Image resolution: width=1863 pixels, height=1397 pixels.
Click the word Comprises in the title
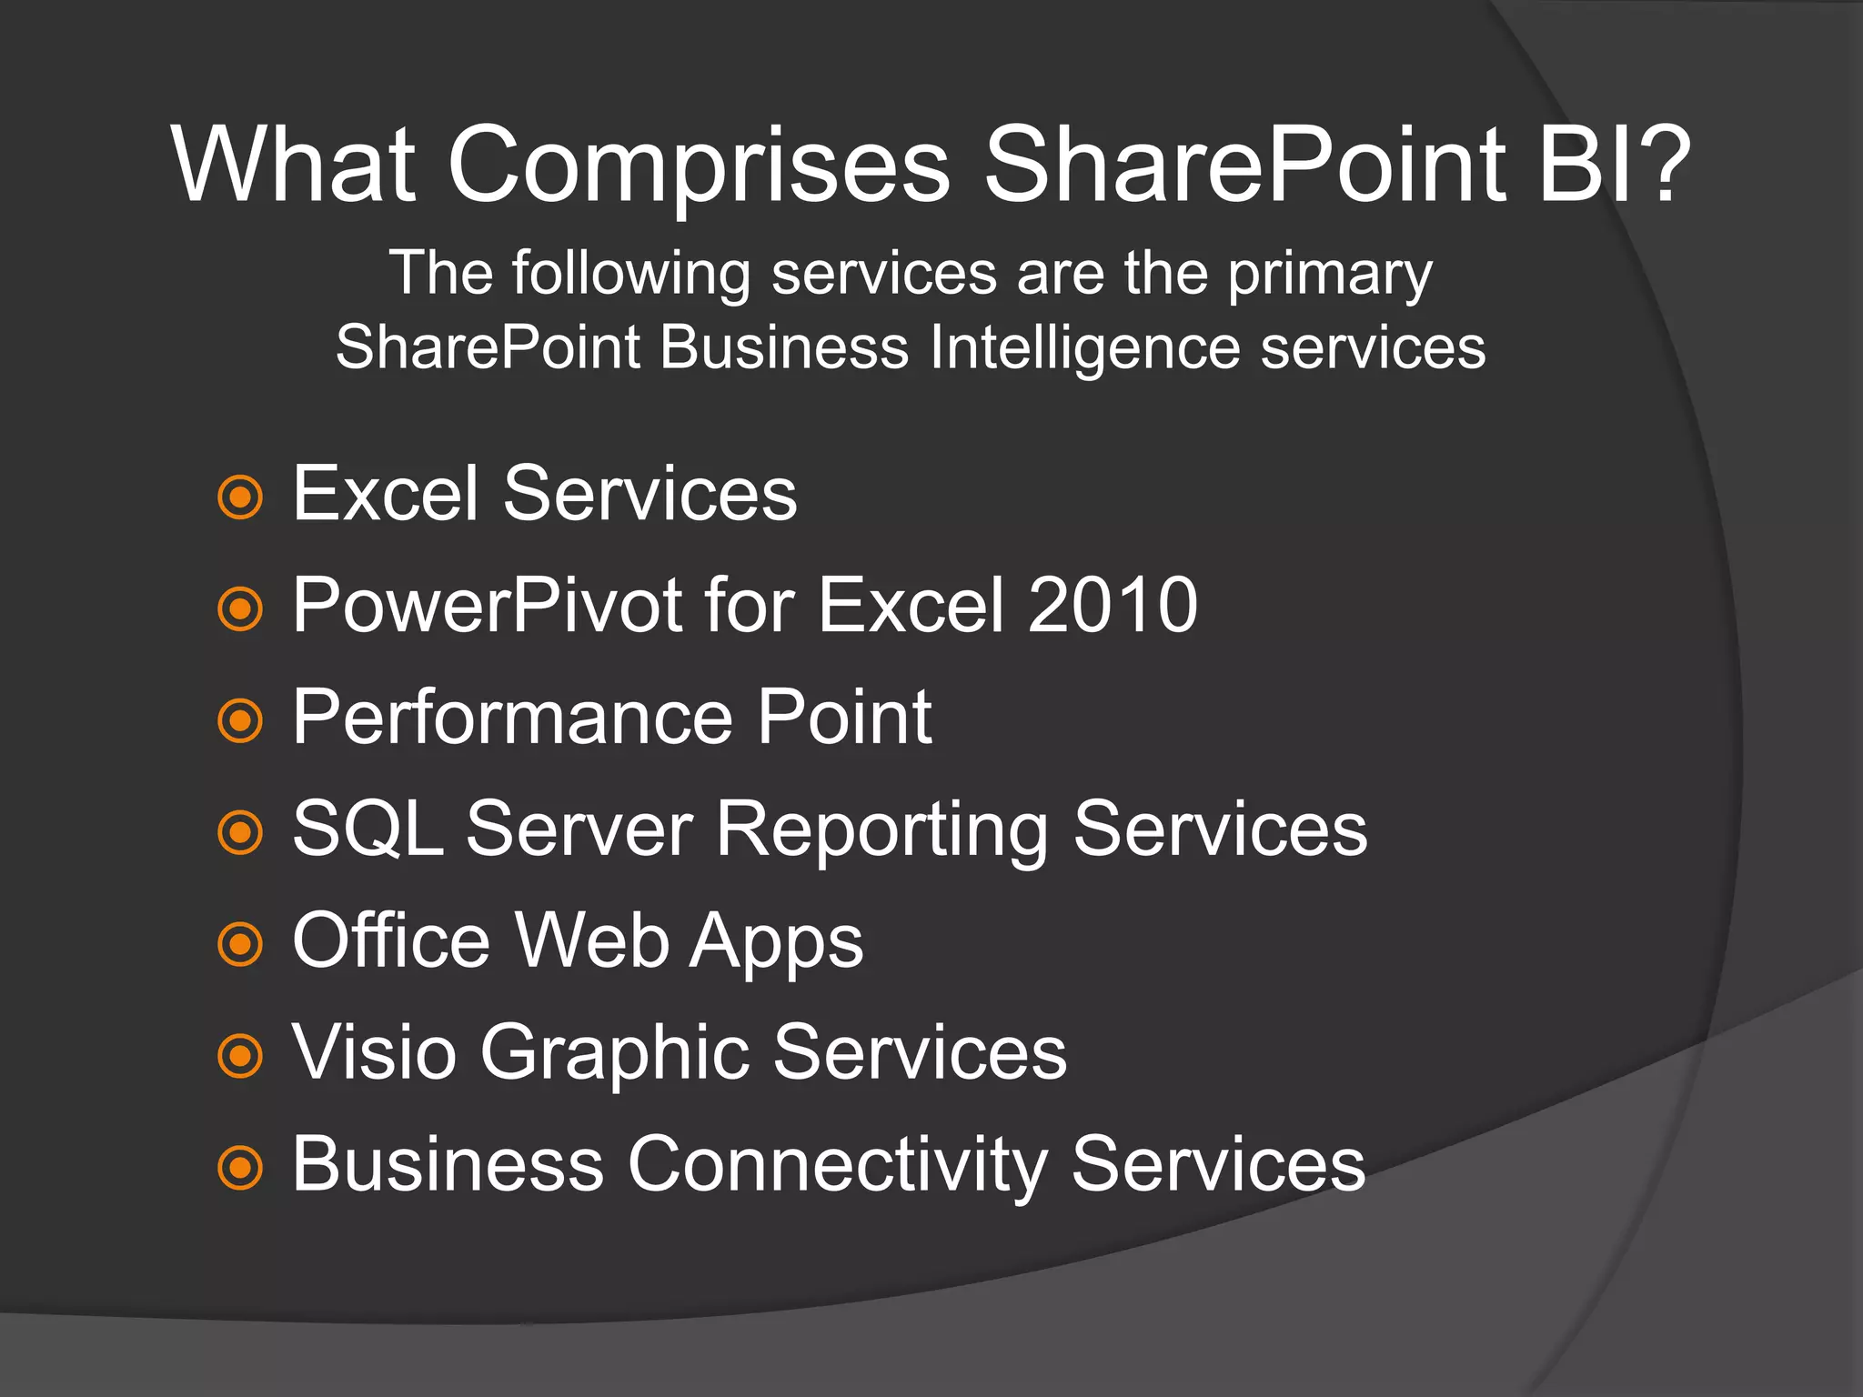[x=699, y=166]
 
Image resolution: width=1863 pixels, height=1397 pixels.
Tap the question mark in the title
[x=1661, y=164]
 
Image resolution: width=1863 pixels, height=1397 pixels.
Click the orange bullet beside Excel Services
[x=240, y=497]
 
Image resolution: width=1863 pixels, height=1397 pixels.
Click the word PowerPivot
[x=488, y=607]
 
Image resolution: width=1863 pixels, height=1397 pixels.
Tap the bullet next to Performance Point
[x=240, y=721]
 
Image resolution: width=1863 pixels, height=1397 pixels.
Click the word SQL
[x=368, y=829]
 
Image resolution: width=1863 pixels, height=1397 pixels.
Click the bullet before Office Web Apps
[x=240, y=944]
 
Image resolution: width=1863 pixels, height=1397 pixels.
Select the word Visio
[x=374, y=1052]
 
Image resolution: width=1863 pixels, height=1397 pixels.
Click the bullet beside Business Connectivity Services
[x=240, y=1168]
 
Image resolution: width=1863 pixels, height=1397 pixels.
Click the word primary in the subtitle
[x=1330, y=274]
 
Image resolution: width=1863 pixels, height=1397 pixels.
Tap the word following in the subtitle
[x=631, y=274]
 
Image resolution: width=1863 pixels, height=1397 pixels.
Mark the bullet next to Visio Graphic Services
[x=240, y=1056]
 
